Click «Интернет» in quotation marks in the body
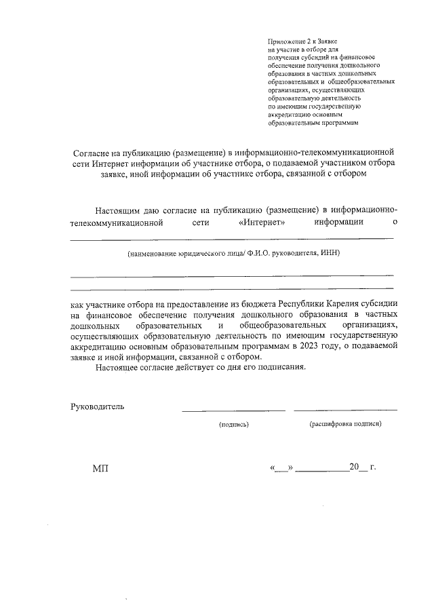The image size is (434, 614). coord(262,222)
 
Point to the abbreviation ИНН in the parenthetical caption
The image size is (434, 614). coord(328,253)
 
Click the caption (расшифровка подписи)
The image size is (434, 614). coord(345,424)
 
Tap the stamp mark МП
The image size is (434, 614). coord(100,469)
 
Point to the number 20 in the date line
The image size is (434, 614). coord(353,467)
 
